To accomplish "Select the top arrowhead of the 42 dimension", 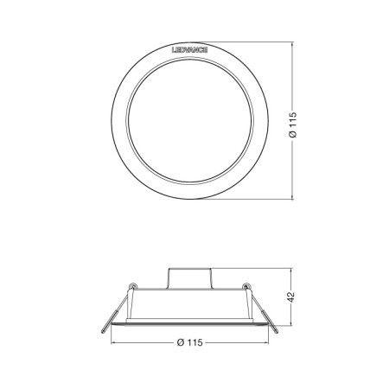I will tap(286, 267).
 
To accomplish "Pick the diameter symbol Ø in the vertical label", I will tap(295, 136).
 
